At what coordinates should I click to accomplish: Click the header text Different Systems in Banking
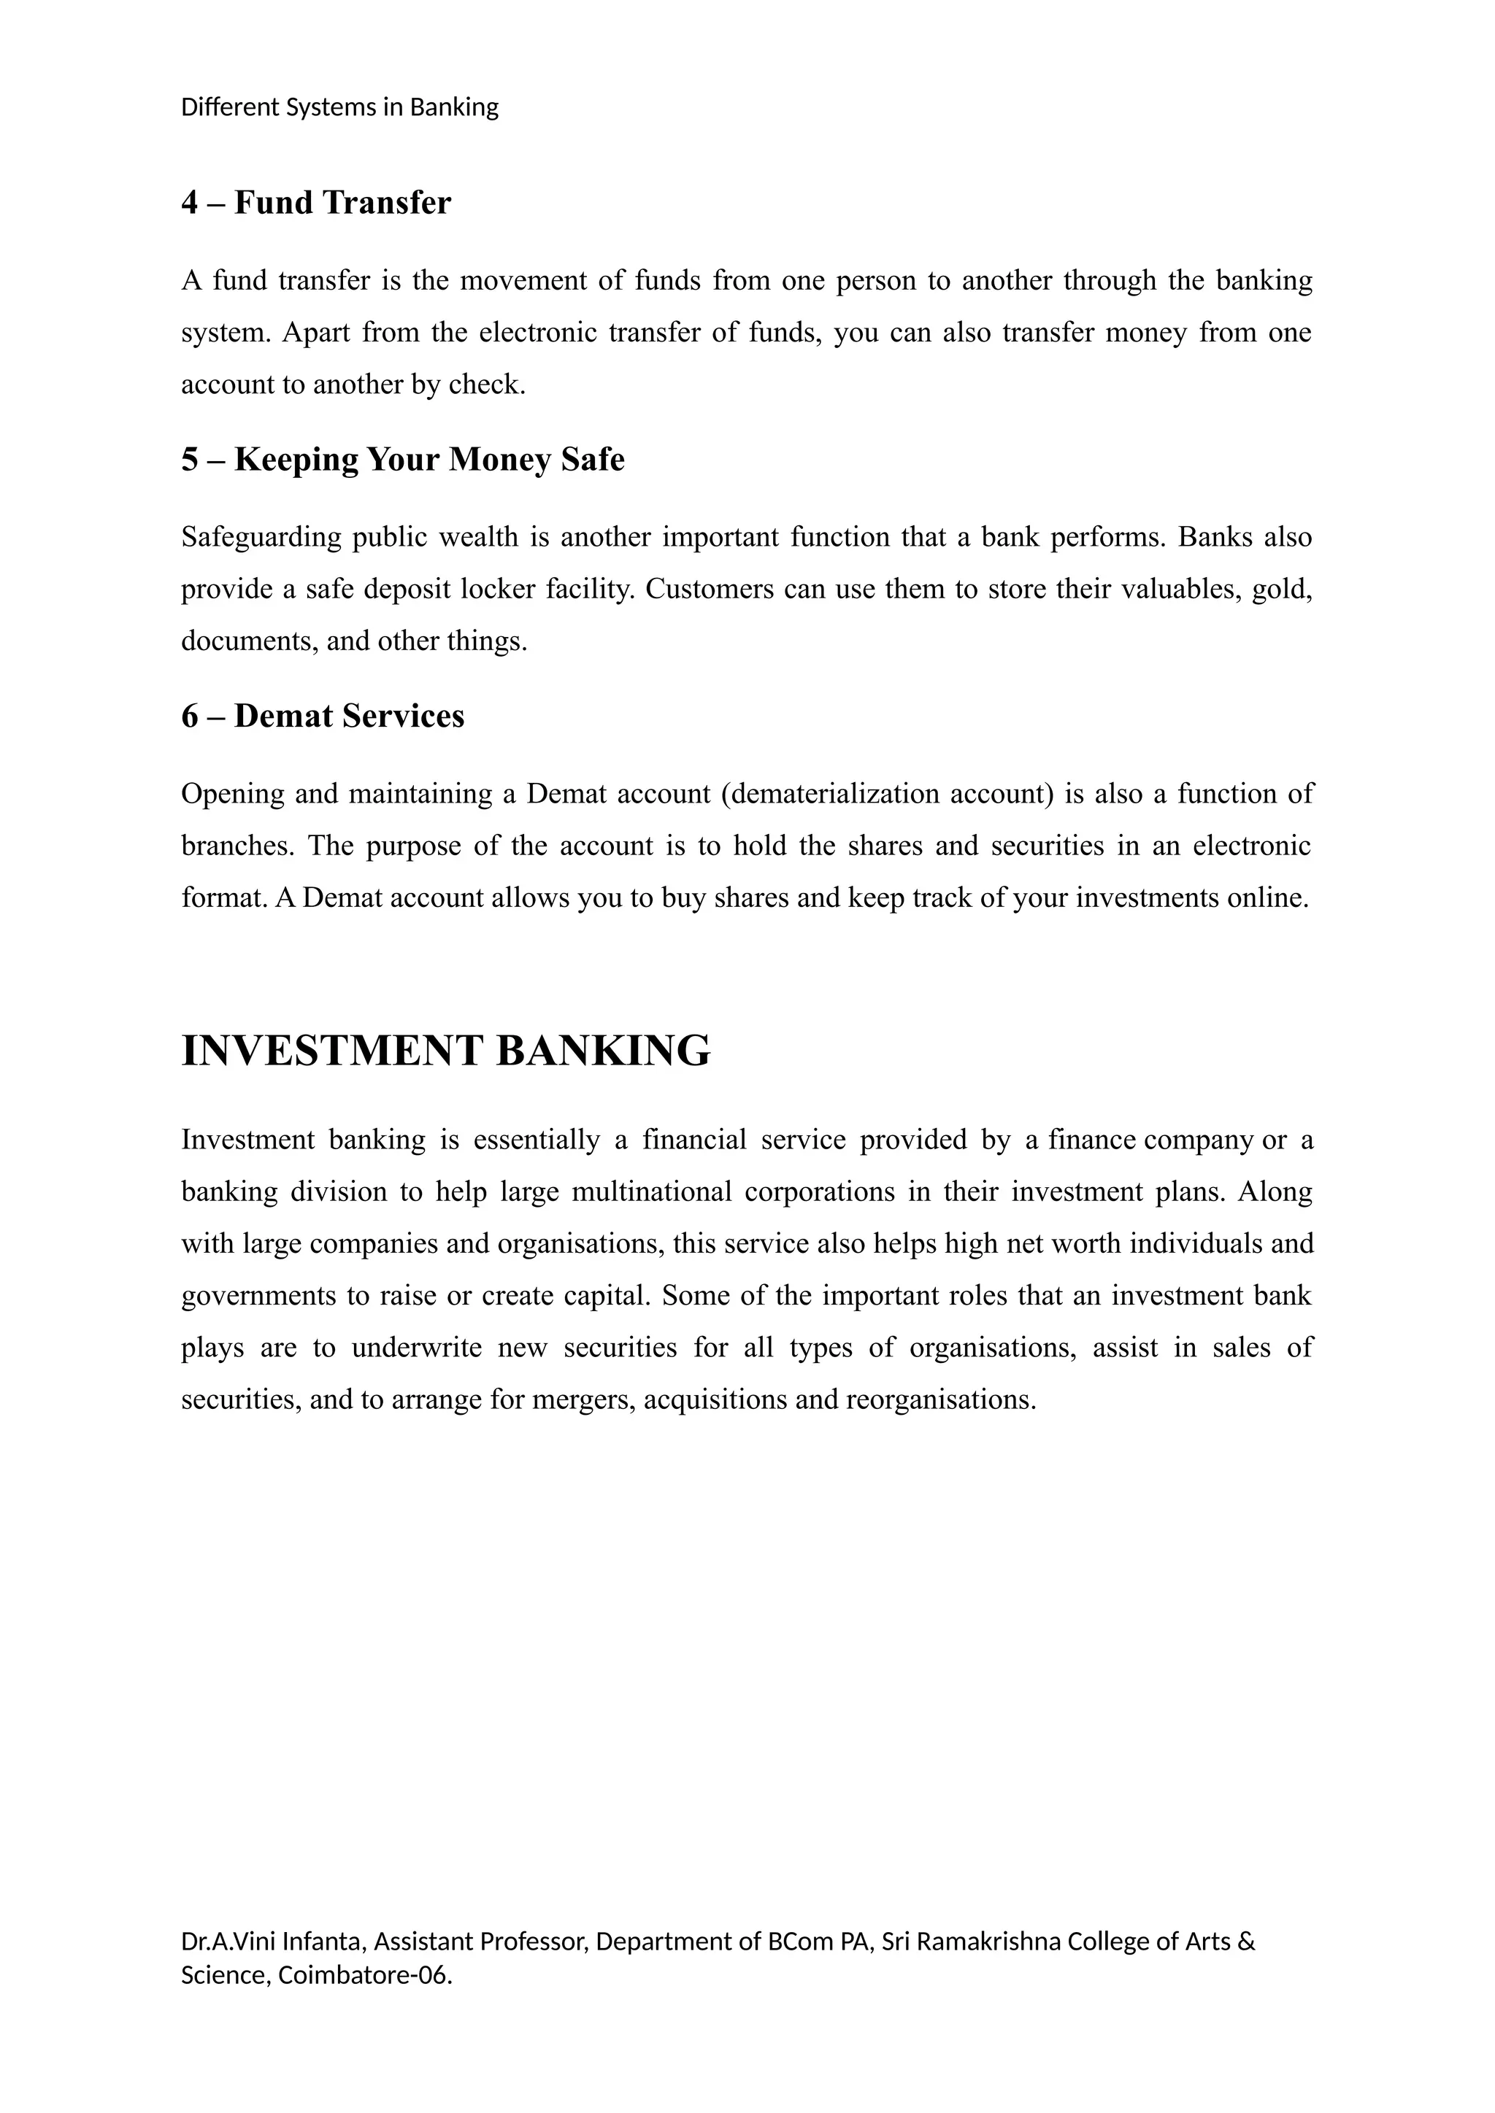click(339, 108)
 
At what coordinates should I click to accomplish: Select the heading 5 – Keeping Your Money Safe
click(402, 459)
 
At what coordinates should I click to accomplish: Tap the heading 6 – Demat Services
click(322, 716)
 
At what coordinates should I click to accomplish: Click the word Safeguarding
click(261, 536)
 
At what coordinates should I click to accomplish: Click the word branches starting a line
click(237, 846)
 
